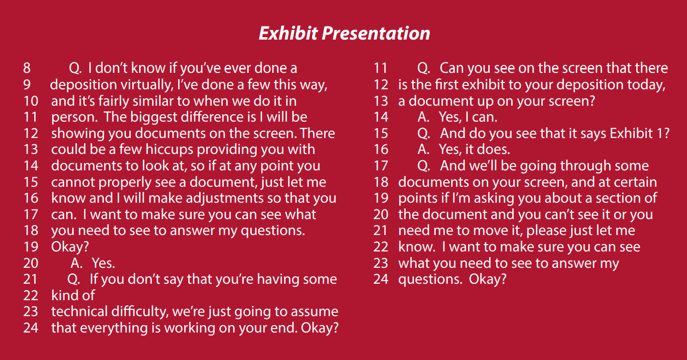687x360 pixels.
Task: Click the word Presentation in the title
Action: pyautogui.click(x=376, y=33)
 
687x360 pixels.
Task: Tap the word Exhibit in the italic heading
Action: pyautogui.click(x=289, y=33)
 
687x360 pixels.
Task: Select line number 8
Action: pyautogui.click(x=27, y=68)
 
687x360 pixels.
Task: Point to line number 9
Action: pyautogui.click(x=27, y=85)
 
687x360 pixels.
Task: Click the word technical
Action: pyautogui.click(x=79, y=312)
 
